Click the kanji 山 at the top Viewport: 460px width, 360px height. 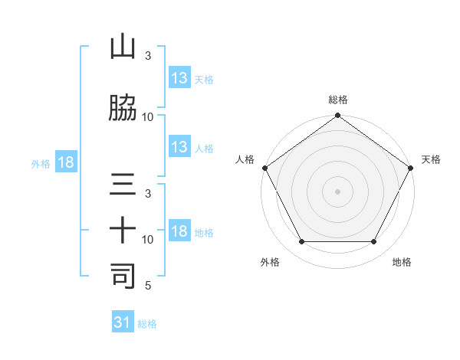click(x=123, y=48)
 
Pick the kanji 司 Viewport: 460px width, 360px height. click(x=123, y=276)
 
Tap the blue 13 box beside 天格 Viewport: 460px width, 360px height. click(x=179, y=78)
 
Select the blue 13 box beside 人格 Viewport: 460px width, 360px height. click(x=179, y=147)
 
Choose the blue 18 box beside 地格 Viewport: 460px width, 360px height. click(x=179, y=231)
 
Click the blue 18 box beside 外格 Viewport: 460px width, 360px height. click(x=65, y=162)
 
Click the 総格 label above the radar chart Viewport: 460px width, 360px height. click(x=338, y=100)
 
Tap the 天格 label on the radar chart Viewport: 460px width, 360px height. click(x=432, y=159)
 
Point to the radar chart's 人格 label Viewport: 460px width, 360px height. click(x=245, y=159)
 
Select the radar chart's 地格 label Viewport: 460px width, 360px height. click(x=402, y=263)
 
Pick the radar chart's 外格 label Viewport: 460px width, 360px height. click(x=270, y=263)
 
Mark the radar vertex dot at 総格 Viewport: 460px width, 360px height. click(x=338, y=116)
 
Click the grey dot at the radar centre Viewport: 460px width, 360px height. click(x=338, y=191)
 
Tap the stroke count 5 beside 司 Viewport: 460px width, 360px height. click(x=148, y=286)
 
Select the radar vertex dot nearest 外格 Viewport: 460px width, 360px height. click(x=301, y=242)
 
